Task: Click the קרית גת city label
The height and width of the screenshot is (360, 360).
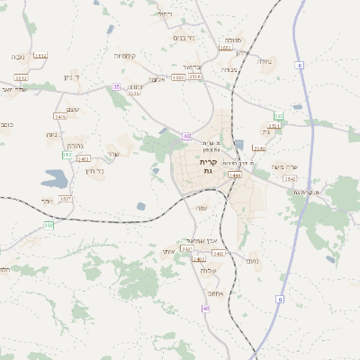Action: coord(208,166)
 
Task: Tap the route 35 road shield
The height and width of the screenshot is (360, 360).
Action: coord(116,86)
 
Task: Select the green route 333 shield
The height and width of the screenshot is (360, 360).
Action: coord(279,116)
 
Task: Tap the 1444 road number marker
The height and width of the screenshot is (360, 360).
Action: coord(235,175)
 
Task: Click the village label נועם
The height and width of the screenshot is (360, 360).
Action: coord(253,261)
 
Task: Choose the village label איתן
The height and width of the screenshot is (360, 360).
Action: coord(168,251)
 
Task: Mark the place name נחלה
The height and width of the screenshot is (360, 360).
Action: coord(265,61)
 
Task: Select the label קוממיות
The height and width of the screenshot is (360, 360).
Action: coord(125,56)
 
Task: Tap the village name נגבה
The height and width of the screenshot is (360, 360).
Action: coord(18,57)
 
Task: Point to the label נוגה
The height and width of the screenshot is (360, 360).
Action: coord(52,135)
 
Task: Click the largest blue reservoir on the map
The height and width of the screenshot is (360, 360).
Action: coord(55,178)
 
